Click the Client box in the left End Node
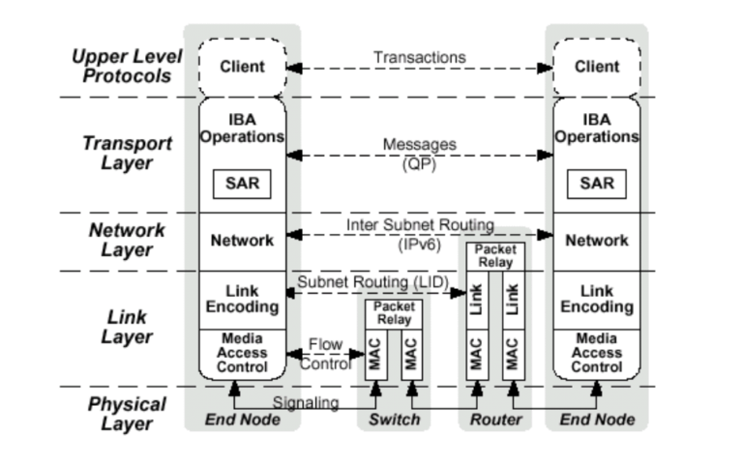242,68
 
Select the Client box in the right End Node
597,68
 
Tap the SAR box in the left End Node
242,183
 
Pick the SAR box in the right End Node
597,183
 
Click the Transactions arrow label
419,58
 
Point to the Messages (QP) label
419,154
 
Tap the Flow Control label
325,354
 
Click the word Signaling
306,402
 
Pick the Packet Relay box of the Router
493,256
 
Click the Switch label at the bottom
394,420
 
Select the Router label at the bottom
495,420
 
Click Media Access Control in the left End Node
242,353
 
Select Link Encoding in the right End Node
597,299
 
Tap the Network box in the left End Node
242,241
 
